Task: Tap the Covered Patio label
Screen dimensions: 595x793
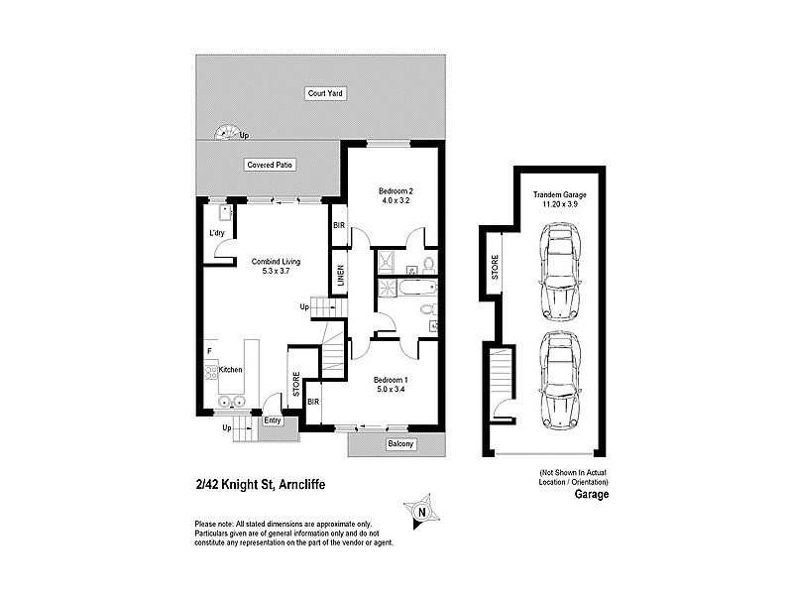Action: click(x=272, y=165)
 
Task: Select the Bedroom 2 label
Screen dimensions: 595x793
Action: click(x=395, y=189)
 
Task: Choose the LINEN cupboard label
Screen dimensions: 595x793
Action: click(x=339, y=275)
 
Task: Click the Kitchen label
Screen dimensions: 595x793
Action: click(x=231, y=370)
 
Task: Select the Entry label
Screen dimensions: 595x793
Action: click(x=273, y=420)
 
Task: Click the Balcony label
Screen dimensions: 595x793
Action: click(x=399, y=443)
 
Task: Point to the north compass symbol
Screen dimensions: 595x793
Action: click(x=420, y=512)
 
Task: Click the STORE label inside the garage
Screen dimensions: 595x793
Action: click(x=495, y=269)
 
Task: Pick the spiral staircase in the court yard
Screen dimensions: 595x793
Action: click(x=227, y=131)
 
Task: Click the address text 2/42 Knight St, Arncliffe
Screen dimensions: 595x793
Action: click(x=260, y=485)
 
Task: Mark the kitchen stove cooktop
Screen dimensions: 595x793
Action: click(x=210, y=372)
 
